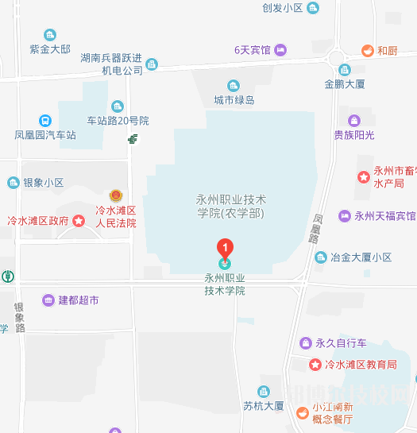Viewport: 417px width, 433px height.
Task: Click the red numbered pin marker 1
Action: [x=226, y=248]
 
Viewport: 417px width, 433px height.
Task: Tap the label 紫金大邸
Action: [x=50, y=48]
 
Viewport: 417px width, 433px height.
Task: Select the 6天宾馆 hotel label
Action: [x=252, y=50]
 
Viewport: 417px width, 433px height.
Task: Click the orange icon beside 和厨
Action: [x=367, y=50]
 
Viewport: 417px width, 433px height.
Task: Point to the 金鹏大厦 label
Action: [x=344, y=83]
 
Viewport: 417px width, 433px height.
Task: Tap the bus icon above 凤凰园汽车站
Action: [x=45, y=121]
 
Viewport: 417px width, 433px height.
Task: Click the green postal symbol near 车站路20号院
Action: [x=133, y=139]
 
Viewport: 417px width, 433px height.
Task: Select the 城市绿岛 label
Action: [x=234, y=100]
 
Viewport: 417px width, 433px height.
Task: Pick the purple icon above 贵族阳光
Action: [x=354, y=121]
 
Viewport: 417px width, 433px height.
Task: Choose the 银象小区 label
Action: [x=43, y=183]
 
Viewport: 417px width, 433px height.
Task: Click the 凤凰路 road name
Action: [x=315, y=228]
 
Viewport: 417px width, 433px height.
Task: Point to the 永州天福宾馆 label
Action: [x=384, y=216]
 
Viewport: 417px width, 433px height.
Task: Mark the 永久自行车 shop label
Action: [x=341, y=343]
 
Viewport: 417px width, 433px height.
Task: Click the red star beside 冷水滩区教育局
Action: [x=315, y=365]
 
